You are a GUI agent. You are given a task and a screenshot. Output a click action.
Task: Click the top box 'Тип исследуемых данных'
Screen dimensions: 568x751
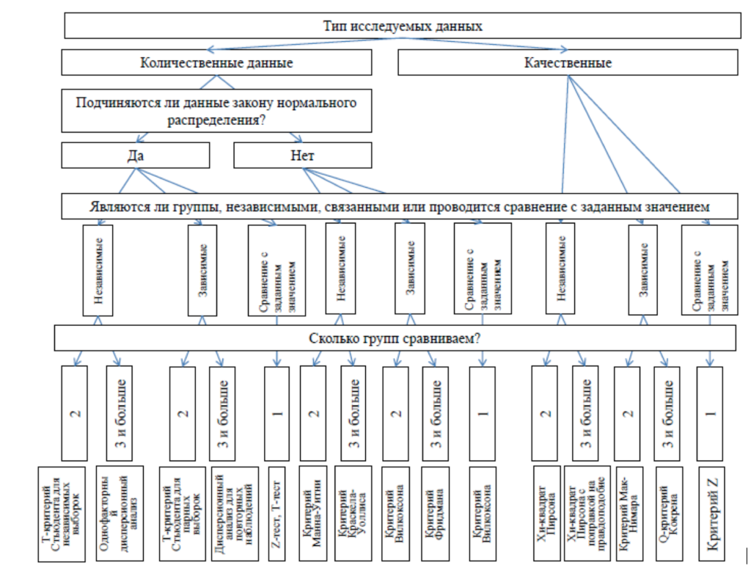click(x=402, y=26)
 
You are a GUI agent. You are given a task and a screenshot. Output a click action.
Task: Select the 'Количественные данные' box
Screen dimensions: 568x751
click(x=216, y=62)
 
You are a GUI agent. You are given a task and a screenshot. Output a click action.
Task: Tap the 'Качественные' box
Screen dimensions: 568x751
click(x=568, y=62)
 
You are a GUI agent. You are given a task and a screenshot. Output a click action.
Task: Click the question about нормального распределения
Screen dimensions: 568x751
click(x=216, y=111)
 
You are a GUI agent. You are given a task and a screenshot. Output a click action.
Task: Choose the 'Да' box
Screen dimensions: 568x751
click(x=136, y=155)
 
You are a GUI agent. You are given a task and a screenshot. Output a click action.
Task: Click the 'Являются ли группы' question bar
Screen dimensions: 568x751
click(x=399, y=207)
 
